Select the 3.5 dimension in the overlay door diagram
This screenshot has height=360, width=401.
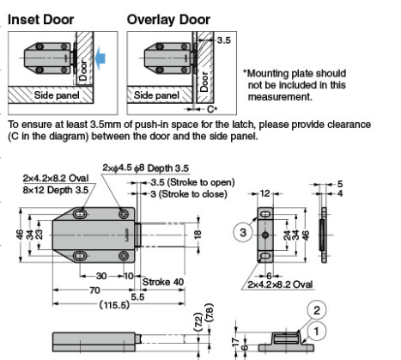224,40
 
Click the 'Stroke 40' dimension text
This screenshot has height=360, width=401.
162,280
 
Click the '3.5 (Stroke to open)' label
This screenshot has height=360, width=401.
191,182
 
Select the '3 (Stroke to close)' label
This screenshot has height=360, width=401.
187,194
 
